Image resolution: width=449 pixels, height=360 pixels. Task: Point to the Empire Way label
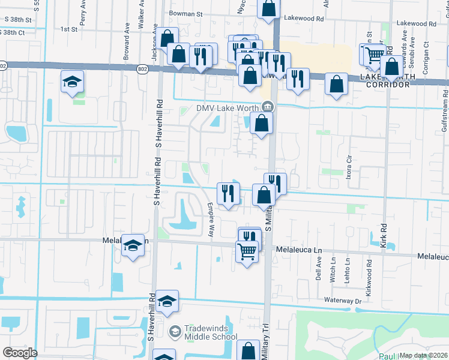[x=211, y=218]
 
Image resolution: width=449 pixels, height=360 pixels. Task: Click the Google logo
[x=20, y=353]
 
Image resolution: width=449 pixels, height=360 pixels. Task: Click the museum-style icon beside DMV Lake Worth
[x=267, y=107]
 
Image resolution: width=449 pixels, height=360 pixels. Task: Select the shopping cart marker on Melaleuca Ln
[x=247, y=252]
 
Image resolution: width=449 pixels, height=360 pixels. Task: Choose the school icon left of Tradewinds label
[x=175, y=331]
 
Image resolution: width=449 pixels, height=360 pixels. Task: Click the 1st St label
[x=70, y=28]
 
